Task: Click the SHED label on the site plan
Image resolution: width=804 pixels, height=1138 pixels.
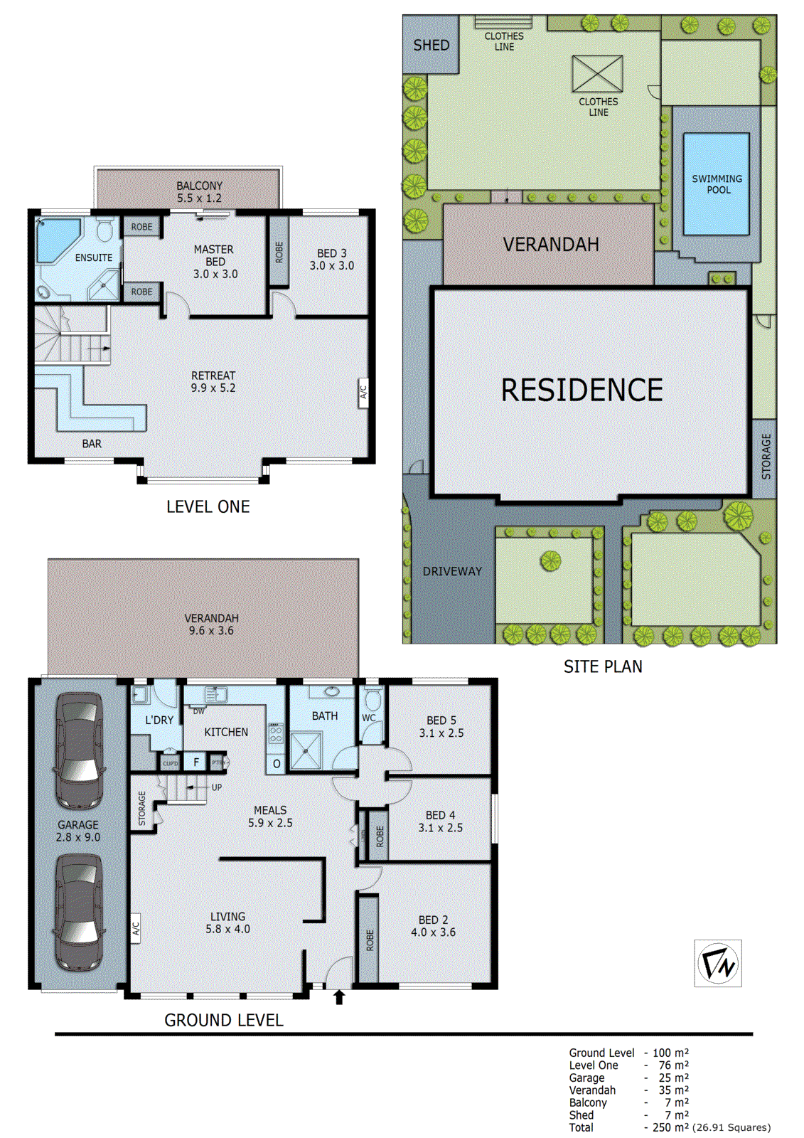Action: point(431,46)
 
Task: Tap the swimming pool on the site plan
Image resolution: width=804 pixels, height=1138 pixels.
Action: point(716,184)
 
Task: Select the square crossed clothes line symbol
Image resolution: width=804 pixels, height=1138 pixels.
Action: point(597,74)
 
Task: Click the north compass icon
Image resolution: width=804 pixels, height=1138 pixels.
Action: point(717,963)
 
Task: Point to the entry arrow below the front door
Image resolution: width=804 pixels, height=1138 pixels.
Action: point(339,997)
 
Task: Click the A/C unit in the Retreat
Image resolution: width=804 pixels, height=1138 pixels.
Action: point(363,392)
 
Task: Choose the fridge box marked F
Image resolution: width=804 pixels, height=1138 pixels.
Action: point(196,762)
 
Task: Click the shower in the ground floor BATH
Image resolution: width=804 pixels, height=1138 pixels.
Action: point(306,751)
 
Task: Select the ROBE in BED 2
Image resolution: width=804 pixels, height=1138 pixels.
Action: point(368,940)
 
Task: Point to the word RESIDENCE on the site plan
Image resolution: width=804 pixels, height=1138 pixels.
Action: point(581,390)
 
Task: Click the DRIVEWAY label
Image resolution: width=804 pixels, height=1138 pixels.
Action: point(452,571)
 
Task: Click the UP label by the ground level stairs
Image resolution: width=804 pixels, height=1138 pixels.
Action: point(217,787)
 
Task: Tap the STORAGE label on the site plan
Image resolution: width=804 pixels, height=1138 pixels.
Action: point(766,457)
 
